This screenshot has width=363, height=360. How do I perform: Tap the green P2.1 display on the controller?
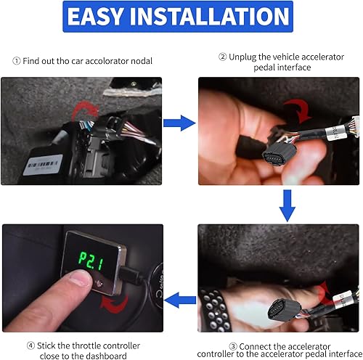click(94, 259)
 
